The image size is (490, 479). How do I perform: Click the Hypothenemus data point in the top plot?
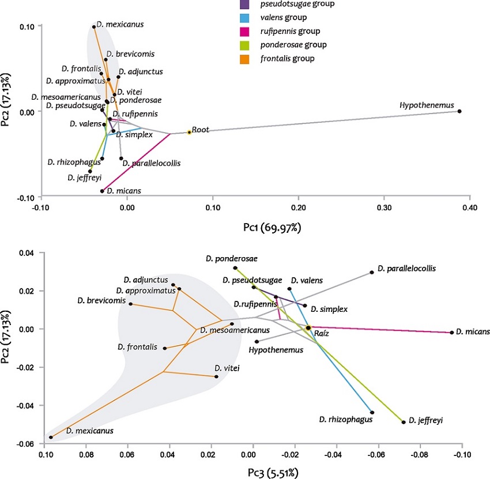459,111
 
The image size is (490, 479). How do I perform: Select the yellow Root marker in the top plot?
189,132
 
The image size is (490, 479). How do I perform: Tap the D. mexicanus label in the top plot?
120,24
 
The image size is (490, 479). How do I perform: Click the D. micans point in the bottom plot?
451,332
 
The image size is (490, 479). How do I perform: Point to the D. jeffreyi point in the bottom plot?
404,421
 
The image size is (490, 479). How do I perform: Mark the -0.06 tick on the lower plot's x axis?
378,454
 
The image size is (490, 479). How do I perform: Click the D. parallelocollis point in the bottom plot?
372,272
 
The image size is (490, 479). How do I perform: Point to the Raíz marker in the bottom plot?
308,327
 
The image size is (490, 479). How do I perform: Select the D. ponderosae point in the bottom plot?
235,267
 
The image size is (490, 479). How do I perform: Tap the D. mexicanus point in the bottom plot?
51,437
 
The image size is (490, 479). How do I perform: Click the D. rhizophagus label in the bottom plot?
344,420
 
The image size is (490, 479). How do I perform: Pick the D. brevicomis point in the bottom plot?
130,304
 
